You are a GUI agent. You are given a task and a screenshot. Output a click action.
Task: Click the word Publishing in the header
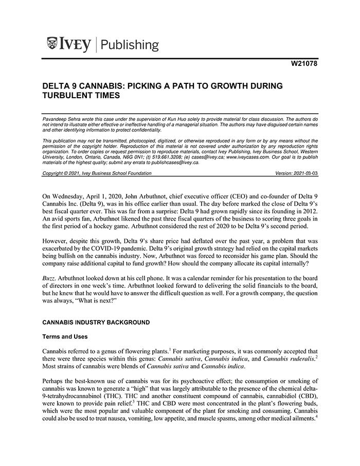coord(130,45)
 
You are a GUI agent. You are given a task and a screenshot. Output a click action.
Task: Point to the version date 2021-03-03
coord(304,173)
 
